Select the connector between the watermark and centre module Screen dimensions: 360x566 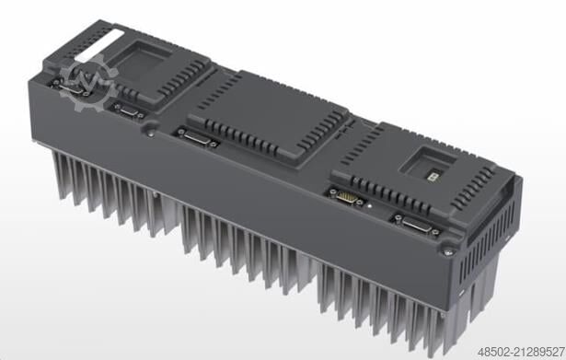tap(128, 110)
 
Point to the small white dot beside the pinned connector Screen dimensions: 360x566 tap(369, 206)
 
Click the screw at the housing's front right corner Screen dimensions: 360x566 tap(449, 248)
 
